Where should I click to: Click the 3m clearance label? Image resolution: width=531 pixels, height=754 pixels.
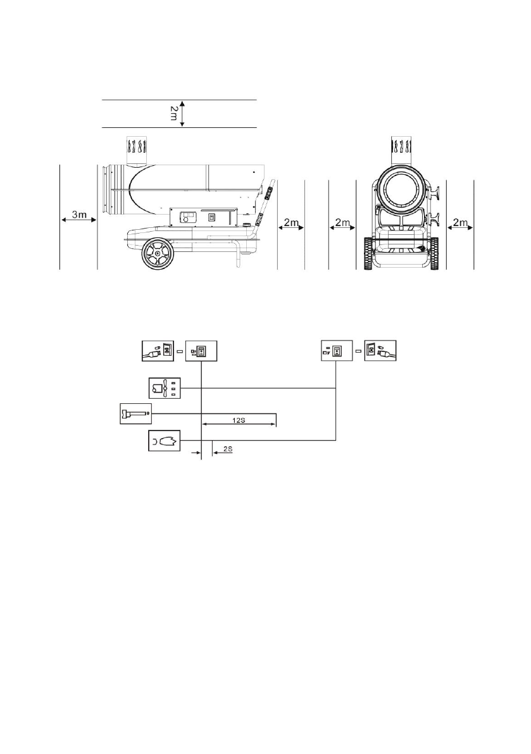pos(79,215)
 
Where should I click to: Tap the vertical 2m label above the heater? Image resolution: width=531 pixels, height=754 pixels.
pos(174,114)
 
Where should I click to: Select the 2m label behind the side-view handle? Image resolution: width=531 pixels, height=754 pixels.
pos(291,223)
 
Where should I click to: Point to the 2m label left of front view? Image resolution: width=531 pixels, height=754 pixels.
pos(342,223)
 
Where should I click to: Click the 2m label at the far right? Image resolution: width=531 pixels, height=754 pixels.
pos(460,223)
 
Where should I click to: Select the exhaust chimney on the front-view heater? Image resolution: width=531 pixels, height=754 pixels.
pos(400,151)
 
